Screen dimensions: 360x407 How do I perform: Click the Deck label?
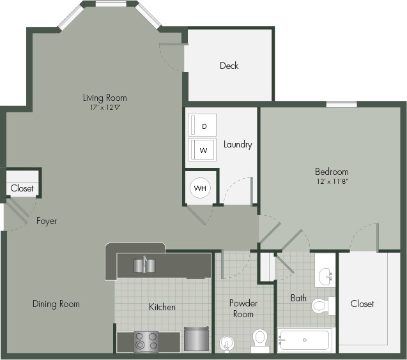[x=229, y=66]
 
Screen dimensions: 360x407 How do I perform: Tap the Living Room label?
[x=105, y=98]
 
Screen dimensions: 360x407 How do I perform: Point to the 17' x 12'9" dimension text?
[x=105, y=107]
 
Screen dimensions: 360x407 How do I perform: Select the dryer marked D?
[x=203, y=126]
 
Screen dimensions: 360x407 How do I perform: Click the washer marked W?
[x=203, y=151]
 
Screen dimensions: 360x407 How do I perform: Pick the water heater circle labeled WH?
[x=200, y=188]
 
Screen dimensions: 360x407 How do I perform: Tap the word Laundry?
[x=238, y=144]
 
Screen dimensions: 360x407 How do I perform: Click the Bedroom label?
[x=332, y=172]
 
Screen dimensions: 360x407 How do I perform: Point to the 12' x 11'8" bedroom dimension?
[x=332, y=181]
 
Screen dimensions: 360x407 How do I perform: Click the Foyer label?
[x=46, y=221]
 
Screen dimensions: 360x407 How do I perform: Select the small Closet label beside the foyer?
[x=22, y=188]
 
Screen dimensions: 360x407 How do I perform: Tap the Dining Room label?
[x=56, y=304]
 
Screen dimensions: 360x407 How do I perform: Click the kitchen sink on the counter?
[x=144, y=264]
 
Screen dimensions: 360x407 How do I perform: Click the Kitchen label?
[x=162, y=307]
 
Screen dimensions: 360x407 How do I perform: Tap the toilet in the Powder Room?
[x=259, y=339]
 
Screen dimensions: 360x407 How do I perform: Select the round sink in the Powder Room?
[x=226, y=343]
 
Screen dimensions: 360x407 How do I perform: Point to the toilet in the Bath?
[x=321, y=305]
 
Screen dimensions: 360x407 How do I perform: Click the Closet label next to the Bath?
[x=362, y=304]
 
